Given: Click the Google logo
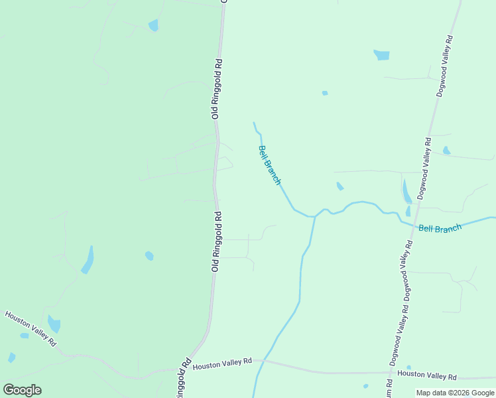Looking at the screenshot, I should coord(22,390).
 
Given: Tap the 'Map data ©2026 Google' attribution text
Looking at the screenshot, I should coord(455,393).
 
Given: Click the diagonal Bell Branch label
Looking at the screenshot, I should coord(270,165).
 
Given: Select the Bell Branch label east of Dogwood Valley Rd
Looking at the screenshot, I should coord(440,229).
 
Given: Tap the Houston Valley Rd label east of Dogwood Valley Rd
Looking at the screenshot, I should coord(427,375).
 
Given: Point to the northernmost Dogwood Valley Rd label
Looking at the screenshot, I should coord(445,67).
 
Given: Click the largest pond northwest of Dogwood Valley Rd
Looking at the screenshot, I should coord(381,55).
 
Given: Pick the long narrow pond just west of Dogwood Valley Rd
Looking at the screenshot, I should coord(406,192).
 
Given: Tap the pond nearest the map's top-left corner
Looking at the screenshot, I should coord(154,26).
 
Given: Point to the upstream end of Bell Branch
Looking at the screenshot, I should coord(254,123).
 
